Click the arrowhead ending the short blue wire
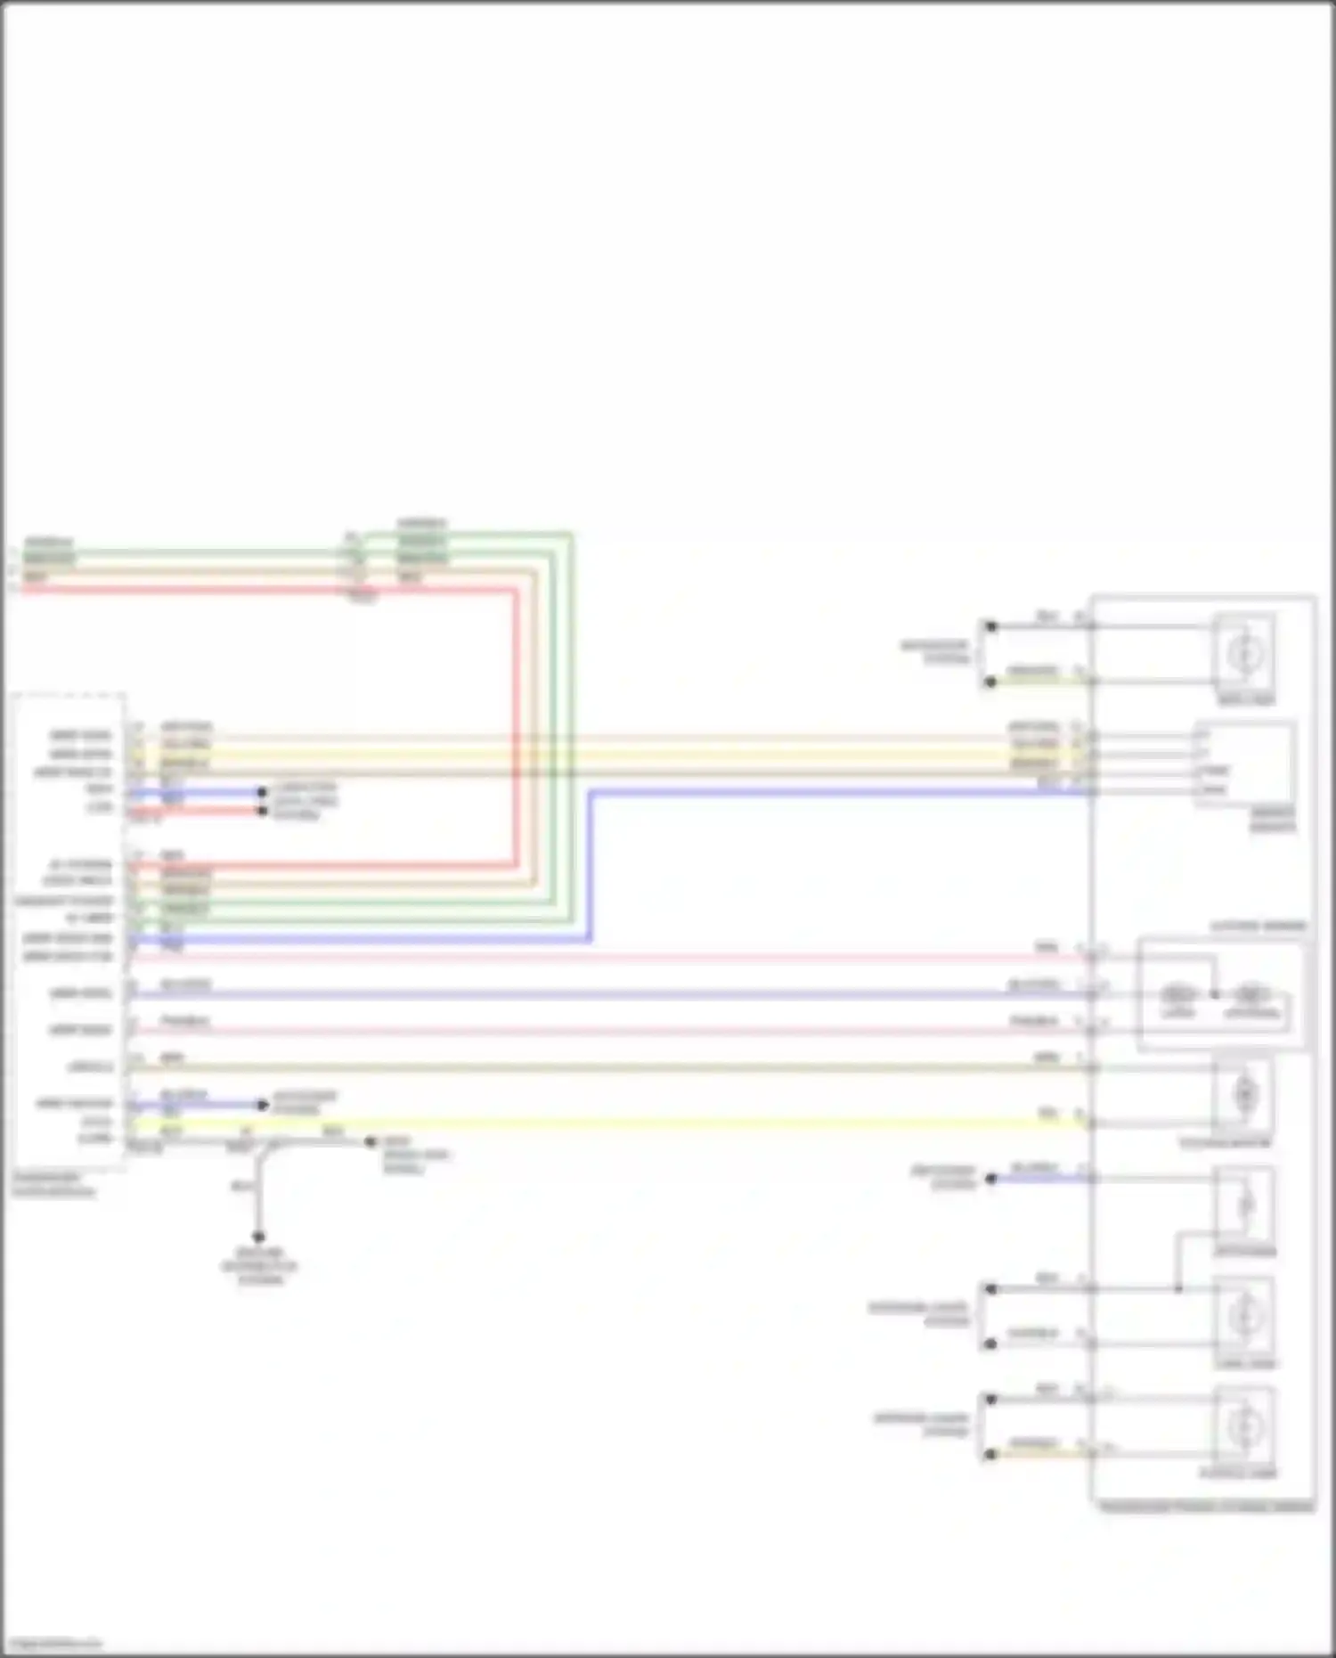(264, 1105)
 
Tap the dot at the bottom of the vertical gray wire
(258, 1237)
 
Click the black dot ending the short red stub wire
(262, 811)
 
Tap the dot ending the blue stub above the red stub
(262, 792)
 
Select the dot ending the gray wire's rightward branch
(371, 1141)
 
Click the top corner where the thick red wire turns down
(516, 590)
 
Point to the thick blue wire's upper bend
(591, 792)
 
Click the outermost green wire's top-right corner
(571, 535)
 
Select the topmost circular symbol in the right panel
(1243, 654)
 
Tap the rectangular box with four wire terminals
(1244, 764)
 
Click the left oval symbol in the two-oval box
(1177, 993)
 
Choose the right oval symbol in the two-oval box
(1250, 993)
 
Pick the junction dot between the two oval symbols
(1215, 993)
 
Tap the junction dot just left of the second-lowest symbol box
(1178, 1288)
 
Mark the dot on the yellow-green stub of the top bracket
(990, 682)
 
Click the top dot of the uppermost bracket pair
(990, 626)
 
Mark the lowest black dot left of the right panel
(990, 1454)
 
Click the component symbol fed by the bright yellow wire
(1244, 1094)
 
